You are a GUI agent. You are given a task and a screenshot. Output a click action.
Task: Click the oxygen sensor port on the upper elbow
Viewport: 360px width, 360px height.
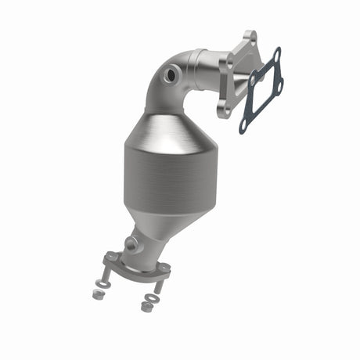[x=171, y=76]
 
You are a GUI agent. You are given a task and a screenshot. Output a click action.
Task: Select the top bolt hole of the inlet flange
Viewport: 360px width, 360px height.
[x=249, y=38]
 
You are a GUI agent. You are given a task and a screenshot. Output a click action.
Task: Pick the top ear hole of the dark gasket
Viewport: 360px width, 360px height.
[x=275, y=53]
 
